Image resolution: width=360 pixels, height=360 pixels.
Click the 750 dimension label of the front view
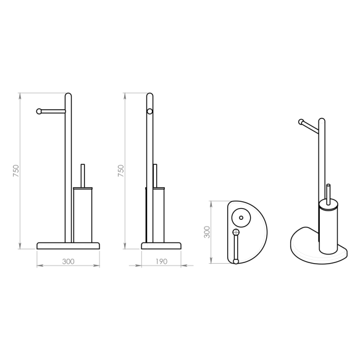[15, 170]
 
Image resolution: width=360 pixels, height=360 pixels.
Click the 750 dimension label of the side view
[120, 170]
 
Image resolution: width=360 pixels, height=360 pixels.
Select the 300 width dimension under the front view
[68, 261]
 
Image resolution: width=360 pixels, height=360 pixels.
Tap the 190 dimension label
[161, 261]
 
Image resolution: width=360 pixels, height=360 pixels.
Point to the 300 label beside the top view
[207, 232]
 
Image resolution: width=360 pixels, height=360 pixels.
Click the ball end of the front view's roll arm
[39, 111]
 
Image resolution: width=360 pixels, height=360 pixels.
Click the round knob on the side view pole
[149, 111]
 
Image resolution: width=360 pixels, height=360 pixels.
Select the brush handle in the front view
[83, 175]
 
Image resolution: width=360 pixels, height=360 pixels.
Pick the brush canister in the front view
[83, 215]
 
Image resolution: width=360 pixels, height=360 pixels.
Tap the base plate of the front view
[68, 246]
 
